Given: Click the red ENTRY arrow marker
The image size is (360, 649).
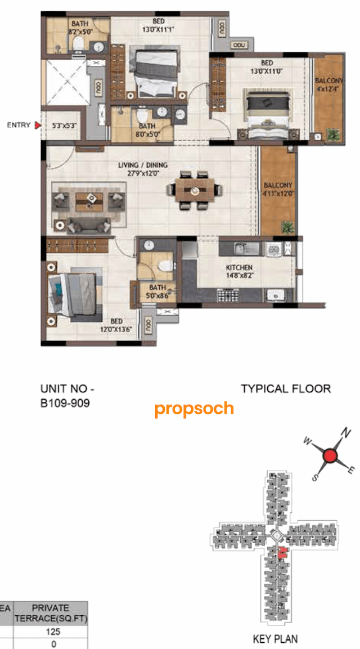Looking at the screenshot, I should tap(37, 126).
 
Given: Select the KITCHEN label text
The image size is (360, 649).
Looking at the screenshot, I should tap(239, 267).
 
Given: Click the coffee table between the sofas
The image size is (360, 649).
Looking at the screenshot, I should tap(89, 200).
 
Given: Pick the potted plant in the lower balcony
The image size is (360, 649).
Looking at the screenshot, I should tap(288, 227).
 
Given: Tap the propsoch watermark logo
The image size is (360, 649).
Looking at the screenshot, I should tap(194, 409).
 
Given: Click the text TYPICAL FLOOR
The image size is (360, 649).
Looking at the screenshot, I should tap(286, 388).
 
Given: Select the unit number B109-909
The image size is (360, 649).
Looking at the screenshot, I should tap(65, 403).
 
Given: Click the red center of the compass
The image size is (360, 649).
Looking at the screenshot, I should tap(331, 455).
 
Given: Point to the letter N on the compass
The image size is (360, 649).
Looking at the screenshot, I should tap(347, 433).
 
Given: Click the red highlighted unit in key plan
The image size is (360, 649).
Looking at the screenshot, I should tap(283, 553).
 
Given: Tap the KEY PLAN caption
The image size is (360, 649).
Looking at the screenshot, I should tap(276, 638).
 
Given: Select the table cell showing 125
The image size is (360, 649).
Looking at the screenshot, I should tap(53, 632).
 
